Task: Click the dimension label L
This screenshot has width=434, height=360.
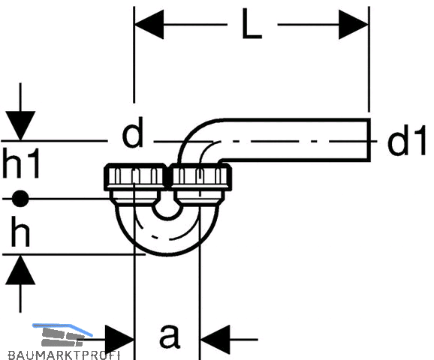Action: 252,23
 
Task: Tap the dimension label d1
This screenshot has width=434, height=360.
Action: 406,139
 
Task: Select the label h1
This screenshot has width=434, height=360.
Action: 21,163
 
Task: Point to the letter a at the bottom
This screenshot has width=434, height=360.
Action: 170,335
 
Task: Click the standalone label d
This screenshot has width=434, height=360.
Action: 133,132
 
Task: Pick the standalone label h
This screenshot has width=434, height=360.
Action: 20,232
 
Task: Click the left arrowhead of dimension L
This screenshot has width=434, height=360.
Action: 149,25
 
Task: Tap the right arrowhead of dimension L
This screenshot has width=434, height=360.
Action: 354,25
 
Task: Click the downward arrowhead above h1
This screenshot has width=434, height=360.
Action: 20,126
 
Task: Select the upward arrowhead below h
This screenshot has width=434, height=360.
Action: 20,270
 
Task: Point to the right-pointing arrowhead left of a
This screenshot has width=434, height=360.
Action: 119,339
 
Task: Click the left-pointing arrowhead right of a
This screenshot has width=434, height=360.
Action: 215,339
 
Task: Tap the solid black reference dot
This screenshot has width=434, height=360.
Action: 20,199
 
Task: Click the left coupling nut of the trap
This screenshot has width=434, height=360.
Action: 135,177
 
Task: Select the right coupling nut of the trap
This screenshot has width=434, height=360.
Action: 200,177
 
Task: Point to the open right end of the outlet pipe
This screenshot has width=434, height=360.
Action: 369,139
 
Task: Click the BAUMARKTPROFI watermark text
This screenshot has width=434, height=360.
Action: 65,355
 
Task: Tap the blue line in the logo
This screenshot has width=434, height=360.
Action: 62,328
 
